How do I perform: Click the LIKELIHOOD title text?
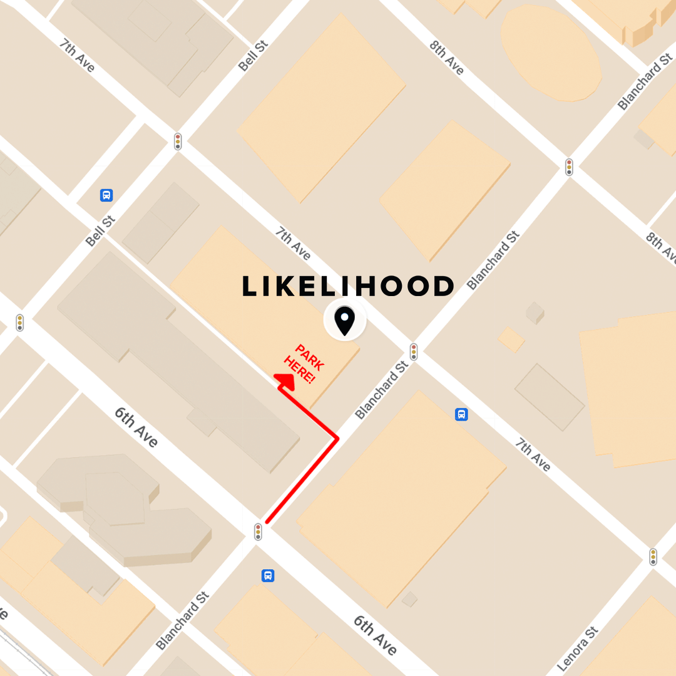point(347,287)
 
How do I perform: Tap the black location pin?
point(344,321)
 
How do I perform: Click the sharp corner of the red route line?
point(337,439)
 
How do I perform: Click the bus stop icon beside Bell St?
point(106,195)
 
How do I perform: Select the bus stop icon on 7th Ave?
point(461,414)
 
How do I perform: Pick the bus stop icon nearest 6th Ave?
point(268,575)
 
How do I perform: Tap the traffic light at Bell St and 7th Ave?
point(178,141)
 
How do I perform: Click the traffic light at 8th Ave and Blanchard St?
point(569,166)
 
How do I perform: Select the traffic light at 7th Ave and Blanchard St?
point(413,351)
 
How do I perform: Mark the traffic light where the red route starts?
point(258,532)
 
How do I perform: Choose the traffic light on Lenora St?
point(653,556)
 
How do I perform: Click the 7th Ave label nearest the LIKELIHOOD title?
point(293,243)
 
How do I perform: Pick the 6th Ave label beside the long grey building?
point(136,426)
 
